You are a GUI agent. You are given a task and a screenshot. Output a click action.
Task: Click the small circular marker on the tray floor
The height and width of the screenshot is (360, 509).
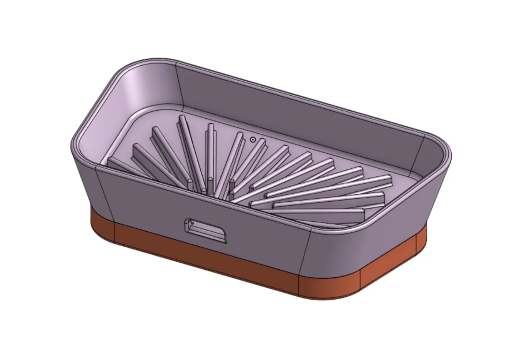(253, 139)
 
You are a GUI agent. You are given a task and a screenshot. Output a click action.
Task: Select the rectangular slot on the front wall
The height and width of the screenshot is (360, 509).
(206, 230)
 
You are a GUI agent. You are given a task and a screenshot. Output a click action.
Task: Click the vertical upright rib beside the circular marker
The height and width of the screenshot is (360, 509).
(210, 154)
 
